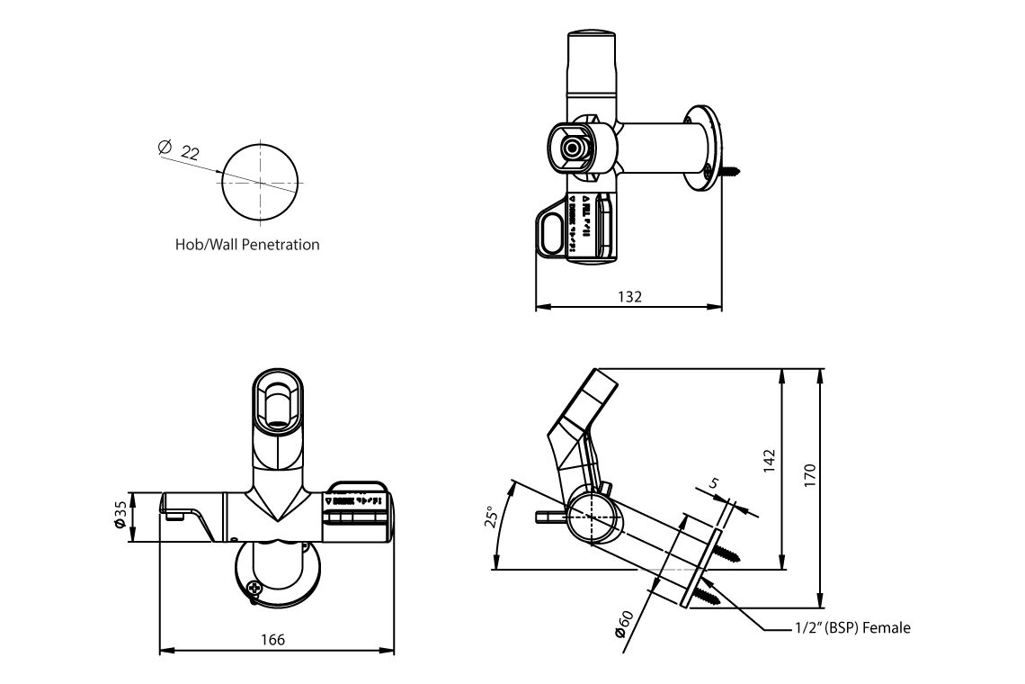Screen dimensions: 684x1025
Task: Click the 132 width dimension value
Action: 630,297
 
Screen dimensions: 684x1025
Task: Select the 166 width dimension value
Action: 273,639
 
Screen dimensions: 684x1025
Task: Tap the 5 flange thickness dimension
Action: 715,484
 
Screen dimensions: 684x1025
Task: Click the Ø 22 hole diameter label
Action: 178,150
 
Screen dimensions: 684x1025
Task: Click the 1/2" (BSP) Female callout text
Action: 852,628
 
